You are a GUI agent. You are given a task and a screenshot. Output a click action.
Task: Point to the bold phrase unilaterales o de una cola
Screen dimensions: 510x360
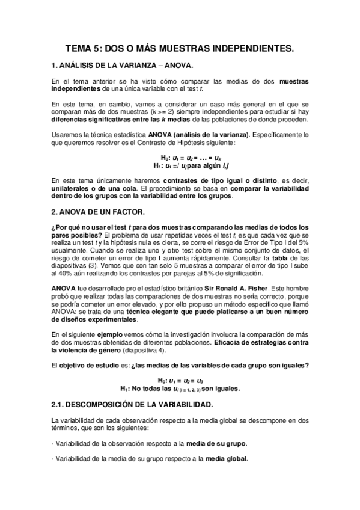pos(90,188)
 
